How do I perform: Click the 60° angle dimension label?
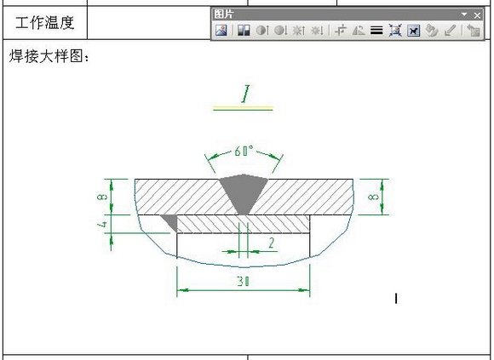pyautogui.click(x=244, y=151)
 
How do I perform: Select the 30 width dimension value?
pyautogui.click(x=242, y=281)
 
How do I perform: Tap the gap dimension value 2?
pyautogui.click(x=271, y=243)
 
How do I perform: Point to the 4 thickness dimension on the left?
pyautogui.click(x=101, y=225)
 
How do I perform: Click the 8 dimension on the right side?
pyautogui.click(x=372, y=197)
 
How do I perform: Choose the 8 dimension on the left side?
pyautogui.click(x=101, y=197)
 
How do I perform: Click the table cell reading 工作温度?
pyautogui.click(x=45, y=23)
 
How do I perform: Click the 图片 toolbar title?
pyautogui.click(x=224, y=14)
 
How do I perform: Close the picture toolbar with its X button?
pyautogui.click(x=477, y=14)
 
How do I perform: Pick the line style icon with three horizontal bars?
pyautogui.click(x=376, y=31)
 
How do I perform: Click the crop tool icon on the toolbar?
pyautogui.click(x=341, y=31)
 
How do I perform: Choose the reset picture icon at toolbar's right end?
pyautogui.click(x=474, y=31)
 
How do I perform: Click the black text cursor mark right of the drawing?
pyautogui.click(x=397, y=298)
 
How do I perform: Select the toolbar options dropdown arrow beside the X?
pyautogui.click(x=465, y=14)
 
